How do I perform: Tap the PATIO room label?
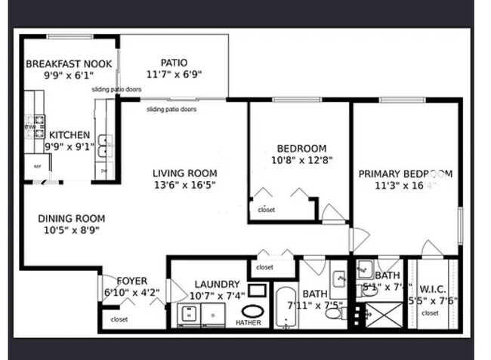[174, 63]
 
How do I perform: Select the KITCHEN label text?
[69, 136]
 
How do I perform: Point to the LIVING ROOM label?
[184, 173]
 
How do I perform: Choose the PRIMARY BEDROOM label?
[405, 174]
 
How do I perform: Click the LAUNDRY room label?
[217, 284]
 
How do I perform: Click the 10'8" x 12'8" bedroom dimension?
[301, 160]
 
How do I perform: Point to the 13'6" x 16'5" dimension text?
[184, 184]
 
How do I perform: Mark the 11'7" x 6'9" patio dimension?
[174, 75]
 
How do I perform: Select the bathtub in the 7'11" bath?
[286, 308]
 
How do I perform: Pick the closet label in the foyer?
[119, 319]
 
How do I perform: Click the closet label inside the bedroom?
[266, 210]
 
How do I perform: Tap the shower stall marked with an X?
[387, 310]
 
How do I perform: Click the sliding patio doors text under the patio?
[171, 109]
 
